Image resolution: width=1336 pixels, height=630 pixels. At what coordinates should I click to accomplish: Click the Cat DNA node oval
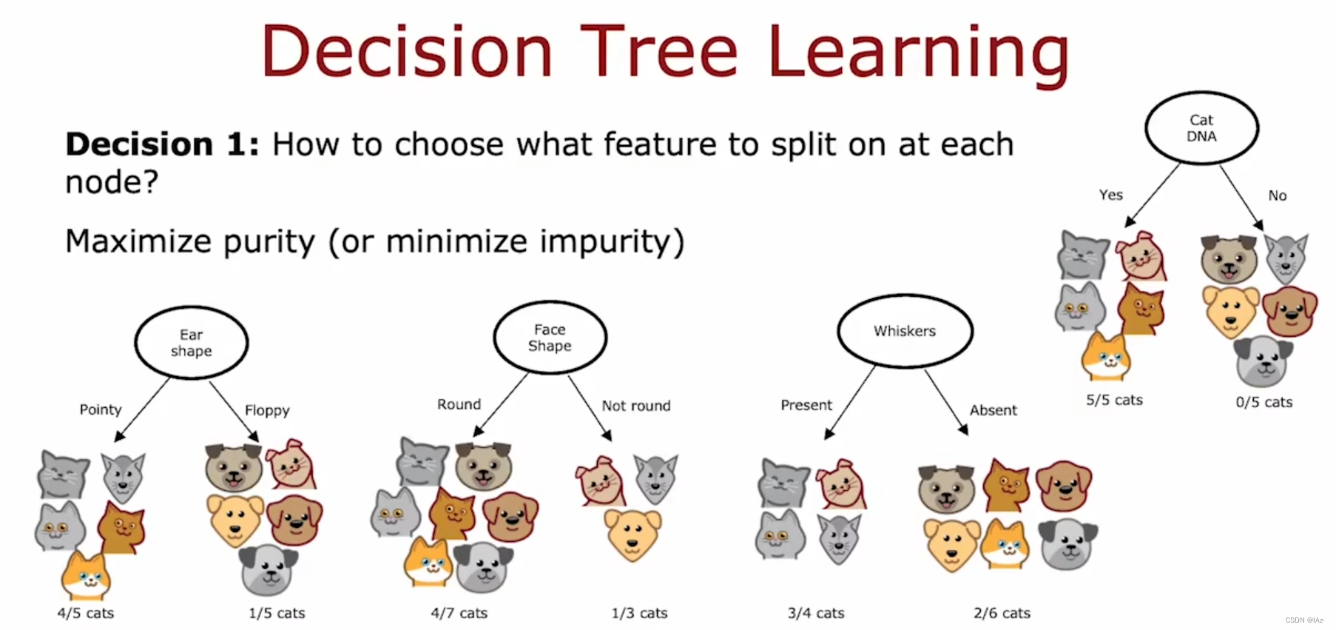pyautogui.click(x=1147, y=127)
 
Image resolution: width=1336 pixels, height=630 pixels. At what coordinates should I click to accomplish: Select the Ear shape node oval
pyautogui.click(x=136, y=343)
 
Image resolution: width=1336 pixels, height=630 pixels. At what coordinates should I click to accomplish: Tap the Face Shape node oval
pyautogui.click(x=495, y=338)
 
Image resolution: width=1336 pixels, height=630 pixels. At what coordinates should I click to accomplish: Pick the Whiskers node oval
pyautogui.click(x=839, y=331)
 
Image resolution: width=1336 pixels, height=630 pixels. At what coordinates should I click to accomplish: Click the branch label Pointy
pyautogui.click(x=101, y=409)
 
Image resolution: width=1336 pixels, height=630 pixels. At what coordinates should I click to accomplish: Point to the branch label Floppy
pyautogui.click(x=267, y=410)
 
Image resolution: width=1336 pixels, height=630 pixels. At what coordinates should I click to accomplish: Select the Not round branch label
pyautogui.click(x=636, y=406)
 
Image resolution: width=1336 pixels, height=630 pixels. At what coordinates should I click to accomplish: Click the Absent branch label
pyautogui.click(x=993, y=410)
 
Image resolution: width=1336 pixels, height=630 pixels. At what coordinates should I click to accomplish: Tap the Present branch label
pyautogui.click(x=806, y=405)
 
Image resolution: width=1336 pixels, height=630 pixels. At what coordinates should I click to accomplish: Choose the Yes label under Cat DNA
pyautogui.click(x=1111, y=195)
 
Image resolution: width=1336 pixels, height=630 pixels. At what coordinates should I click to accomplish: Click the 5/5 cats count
pyautogui.click(x=1114, y=400)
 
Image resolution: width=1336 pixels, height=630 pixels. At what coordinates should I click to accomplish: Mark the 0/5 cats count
pyautogui.click(x=1264, y=402)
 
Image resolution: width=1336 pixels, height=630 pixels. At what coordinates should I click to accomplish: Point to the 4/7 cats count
pyautogui.click(x=459, y=613)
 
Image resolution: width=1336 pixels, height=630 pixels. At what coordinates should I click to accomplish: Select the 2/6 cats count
pyautogui.click(x=1002, y=613)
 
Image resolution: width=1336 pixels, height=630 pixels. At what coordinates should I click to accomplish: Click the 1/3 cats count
pyautogui.click(x=640, y=613)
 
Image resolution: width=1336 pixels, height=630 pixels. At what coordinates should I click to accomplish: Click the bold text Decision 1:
pyautogui.click(x=163, y=144)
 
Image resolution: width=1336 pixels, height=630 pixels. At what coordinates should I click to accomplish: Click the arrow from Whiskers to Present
pyautogui.click(x=850, y=402)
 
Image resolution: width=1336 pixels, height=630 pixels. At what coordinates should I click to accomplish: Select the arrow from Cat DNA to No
pyautogui.click(x=1241, y=197)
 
